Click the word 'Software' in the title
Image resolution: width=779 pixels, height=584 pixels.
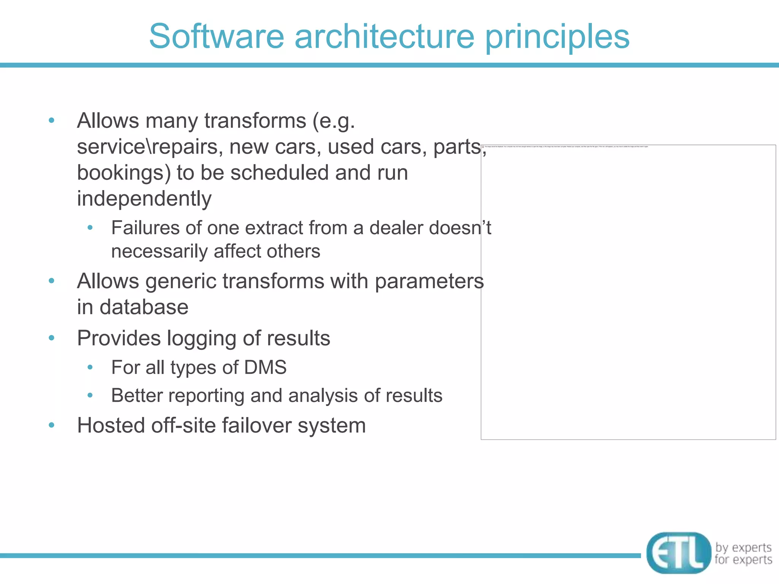click(x=216, y=36)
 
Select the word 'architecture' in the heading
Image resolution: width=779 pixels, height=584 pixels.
click(x=385, y=36)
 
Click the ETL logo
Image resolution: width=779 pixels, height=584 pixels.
click(x=679, y=552)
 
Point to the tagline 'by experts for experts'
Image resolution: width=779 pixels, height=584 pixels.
click(x=743, y=553)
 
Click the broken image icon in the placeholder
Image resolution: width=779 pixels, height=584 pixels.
click(x=483, y=146)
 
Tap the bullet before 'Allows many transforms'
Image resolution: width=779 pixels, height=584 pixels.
click(x=52, y=121)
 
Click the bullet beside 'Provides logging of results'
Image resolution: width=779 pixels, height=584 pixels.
click(x=52, y=338)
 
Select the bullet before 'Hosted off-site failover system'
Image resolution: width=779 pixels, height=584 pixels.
click(x=52, y=425)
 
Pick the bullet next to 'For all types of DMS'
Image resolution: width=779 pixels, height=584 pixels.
click(x=90, y=367)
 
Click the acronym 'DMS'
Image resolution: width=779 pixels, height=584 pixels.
click(x=265, y=367)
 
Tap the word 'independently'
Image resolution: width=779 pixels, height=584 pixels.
click(x=144, y=199)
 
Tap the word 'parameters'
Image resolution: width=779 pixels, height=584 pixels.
click(x=429, y=282)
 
